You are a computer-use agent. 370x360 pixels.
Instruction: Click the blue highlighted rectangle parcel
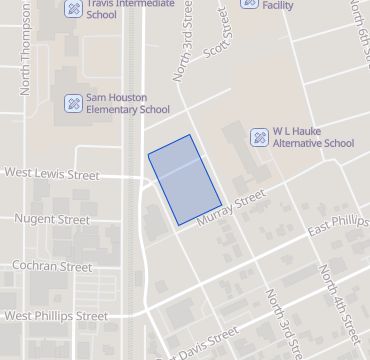pos(184,179)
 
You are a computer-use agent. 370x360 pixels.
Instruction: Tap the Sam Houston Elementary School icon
pos(74,102)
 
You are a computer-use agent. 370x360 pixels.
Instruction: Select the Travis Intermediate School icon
pos(74,9)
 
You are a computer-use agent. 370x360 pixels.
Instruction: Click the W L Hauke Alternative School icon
pos(258,136)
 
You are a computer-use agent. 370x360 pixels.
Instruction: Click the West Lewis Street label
pos(52,174)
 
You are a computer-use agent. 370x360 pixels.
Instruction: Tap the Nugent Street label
pos(53,218)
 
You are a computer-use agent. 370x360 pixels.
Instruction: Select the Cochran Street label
pos(51,267)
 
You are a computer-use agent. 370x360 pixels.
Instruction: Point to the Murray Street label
pos(230,208)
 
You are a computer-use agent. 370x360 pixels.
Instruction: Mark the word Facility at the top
pos(279,4)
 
